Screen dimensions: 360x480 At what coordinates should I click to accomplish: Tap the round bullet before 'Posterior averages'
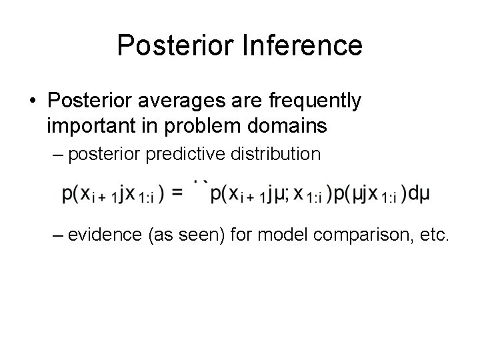pos(32,102)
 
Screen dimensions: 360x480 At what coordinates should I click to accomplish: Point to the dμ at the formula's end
pos(419,194)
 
